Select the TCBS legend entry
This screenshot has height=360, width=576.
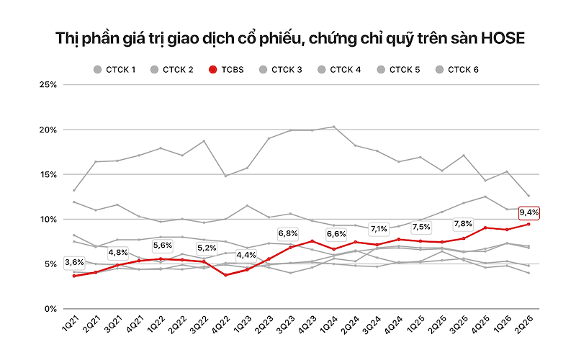point(226,69)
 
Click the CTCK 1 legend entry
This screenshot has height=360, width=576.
point(114,69)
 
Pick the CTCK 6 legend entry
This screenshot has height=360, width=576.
point(457,69)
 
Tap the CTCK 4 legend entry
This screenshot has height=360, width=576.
point(339,69)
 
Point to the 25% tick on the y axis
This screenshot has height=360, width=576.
point(48,85)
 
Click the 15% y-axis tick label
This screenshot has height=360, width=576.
point(48,174)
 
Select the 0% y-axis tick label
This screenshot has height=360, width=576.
point(50,309)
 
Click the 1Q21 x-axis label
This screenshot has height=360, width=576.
point(70,323)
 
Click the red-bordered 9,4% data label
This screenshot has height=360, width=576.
point(529,212)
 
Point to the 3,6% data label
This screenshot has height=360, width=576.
point(74,263)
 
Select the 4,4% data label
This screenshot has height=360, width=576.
point(246,256)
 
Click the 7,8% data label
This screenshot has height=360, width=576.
point(463,224)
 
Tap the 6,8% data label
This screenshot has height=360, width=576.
point(287,234)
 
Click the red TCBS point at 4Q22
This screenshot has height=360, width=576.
point(225,275)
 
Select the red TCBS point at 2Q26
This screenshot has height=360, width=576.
point(528,224)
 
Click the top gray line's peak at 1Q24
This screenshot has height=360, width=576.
point(333,127)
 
